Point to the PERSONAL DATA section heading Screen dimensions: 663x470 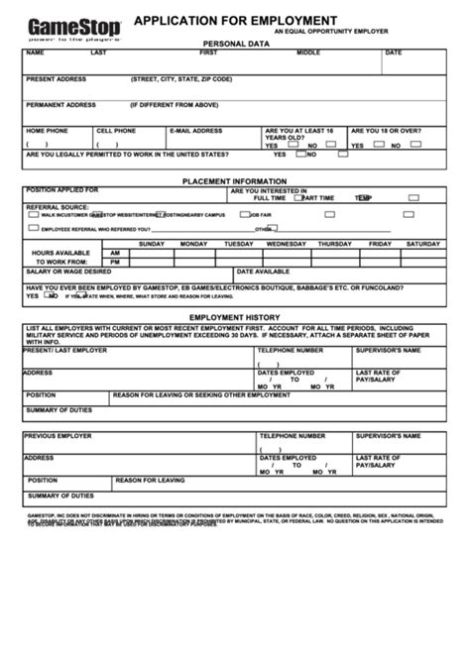pos(236,45)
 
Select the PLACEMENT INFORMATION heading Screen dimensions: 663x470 pos(235,181)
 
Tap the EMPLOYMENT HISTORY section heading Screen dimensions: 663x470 pos(235,316)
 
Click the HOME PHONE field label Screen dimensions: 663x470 pos(48,130)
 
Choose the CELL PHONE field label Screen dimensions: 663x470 pos(116,130)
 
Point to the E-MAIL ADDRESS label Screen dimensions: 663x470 pos(196,130)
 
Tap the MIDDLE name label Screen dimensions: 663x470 pos(308,53)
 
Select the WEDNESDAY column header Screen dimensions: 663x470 pos(287,244)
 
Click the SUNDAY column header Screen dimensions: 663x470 pos(152,244)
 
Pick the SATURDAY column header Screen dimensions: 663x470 pos(422,244)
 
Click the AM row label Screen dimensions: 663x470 pos(115,253)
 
